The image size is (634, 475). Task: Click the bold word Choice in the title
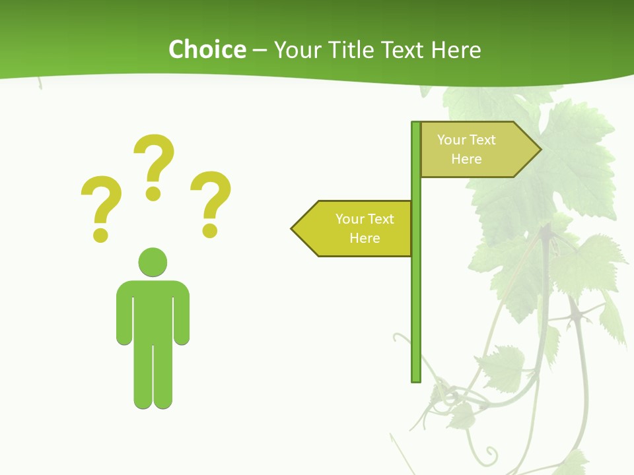tap(207, 49)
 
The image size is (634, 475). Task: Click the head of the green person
tap(153, 262)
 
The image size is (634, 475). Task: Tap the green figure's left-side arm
tap(123, 317)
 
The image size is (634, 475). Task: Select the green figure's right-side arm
tap(182, 317)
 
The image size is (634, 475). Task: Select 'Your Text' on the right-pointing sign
tap(466, 140)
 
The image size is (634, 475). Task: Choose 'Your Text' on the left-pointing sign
tap(365, 219)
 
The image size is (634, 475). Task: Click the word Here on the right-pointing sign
tap(466, 159)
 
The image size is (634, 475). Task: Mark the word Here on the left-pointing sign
tap(365, 238)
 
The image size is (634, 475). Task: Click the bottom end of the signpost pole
tap(416, 379)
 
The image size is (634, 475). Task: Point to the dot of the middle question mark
tap(153, 193)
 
